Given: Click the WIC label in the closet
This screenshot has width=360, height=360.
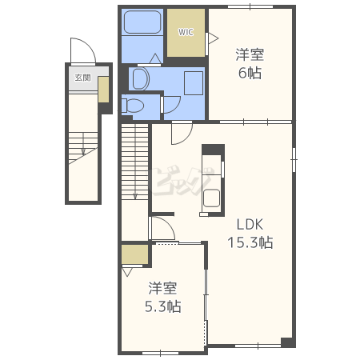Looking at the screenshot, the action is pos(186,32).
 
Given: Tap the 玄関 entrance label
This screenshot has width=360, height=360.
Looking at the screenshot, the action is pos(82,78).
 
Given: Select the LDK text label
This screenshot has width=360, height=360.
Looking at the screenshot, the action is pos(250,225).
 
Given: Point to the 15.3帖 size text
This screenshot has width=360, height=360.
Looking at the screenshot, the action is pos(250,242).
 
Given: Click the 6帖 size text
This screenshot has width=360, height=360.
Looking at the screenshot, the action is pos(250,73).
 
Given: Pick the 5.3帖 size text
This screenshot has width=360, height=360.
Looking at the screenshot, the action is pos(163,306).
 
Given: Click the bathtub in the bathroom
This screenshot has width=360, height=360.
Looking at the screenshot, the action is pos(142,22).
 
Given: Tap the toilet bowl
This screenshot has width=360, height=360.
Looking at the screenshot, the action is pos(133,106).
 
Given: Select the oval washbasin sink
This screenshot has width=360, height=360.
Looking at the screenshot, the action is pos(141,79).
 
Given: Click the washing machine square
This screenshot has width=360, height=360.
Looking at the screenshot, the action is pos(194,83).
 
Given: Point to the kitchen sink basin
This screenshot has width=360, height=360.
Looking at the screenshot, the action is pos(211,198).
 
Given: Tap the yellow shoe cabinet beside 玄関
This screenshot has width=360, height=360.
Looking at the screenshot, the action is pos(103,90).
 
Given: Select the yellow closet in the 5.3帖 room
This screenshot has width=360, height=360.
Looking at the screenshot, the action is pos(134,254).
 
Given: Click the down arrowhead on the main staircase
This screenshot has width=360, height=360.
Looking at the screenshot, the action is pos(135,197).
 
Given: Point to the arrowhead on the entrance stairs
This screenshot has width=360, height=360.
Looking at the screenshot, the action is pos(83,152).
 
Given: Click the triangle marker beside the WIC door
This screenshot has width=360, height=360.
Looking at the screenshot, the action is pos(214,38).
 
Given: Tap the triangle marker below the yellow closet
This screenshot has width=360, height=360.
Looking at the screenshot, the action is pos(127,272).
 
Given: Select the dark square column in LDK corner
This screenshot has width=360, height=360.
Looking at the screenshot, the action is pos(286,342).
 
